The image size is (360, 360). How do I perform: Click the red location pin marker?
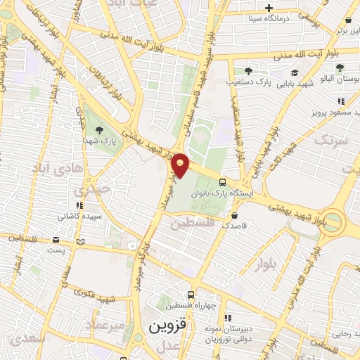click(x=181, y=165)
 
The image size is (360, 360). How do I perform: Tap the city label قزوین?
click(x=165, y=327)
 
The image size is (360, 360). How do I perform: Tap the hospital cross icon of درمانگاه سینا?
click(x=269, y=8)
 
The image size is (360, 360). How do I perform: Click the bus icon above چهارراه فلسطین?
click(x=190, y=295)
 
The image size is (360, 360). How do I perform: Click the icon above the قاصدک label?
click(x=234, y=215)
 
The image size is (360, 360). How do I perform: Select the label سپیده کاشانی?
click(x=79, y=217)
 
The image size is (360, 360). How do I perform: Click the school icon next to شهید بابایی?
click(x=294, y=72)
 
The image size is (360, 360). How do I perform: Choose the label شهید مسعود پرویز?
click(x=335, y=111)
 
